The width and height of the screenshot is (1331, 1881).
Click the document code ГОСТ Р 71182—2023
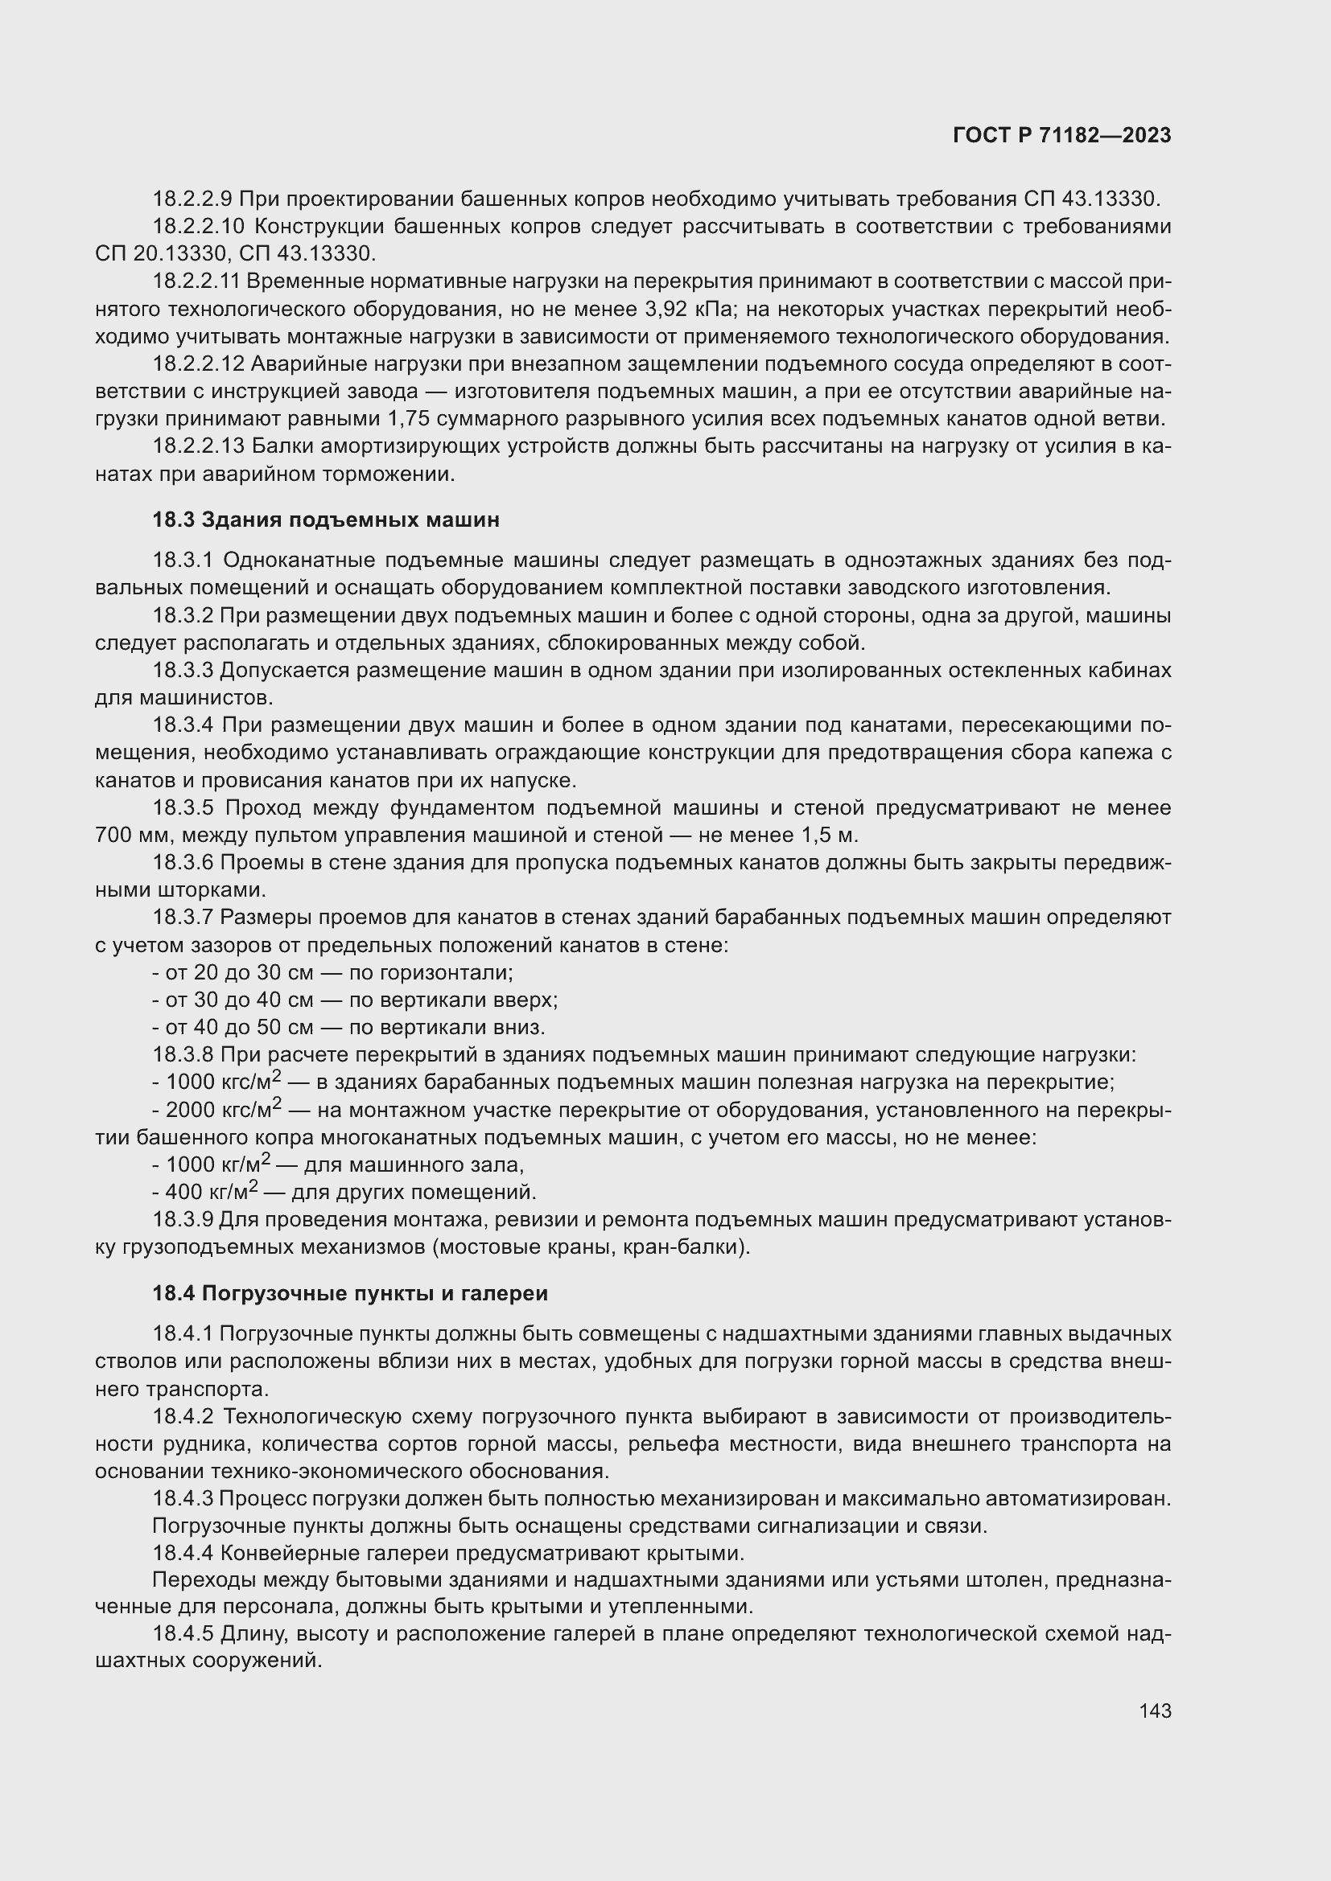point(1062,136)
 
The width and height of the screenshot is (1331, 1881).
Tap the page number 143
point(1155,1711)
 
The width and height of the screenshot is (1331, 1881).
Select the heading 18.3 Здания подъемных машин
point(325,520)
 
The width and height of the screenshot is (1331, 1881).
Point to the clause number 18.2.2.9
point(192,199)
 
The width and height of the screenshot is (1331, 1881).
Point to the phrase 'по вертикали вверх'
point(453,1000)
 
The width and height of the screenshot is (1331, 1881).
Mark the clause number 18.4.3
point(183,1498)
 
